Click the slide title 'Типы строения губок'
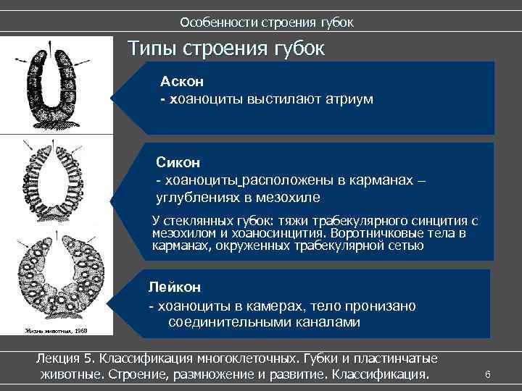point(226,49)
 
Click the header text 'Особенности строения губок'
point(266,22)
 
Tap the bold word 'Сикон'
point(178,163)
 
